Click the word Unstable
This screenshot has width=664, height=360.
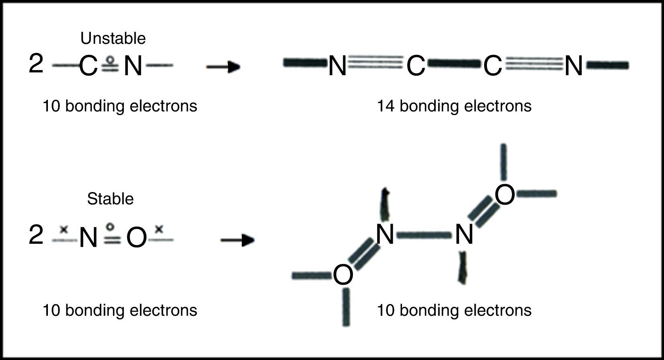[113, 39]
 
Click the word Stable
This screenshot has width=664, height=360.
[110, 199]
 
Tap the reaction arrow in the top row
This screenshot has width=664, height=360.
[223, 67]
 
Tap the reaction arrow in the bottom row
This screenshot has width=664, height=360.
[237, 241]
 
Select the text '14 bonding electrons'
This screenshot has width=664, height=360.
[454, 106]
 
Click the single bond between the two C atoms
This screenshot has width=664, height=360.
[454, 64]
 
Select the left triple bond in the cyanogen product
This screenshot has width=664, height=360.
[375, 63]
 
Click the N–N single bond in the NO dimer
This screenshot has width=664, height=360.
[424, 235]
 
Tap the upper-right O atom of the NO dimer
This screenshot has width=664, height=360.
[505, 195]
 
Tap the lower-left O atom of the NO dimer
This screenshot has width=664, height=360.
[343, 276]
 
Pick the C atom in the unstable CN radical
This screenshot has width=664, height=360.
[88, 66]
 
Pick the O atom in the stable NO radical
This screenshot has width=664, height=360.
[136, 238]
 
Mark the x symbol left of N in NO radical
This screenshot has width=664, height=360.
[63, 230]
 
